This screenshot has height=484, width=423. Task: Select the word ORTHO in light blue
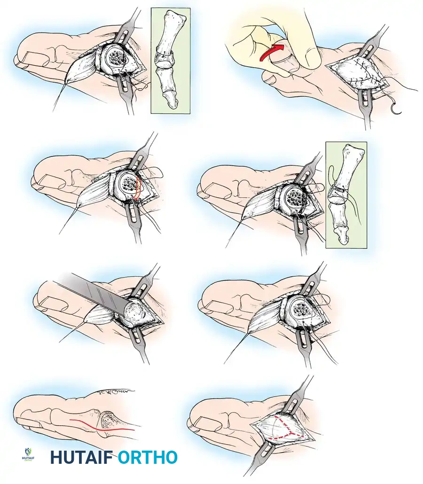click(148, 457)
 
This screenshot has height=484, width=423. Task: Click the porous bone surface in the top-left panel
click(114, 57)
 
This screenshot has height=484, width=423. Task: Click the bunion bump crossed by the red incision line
click(107, 419)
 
